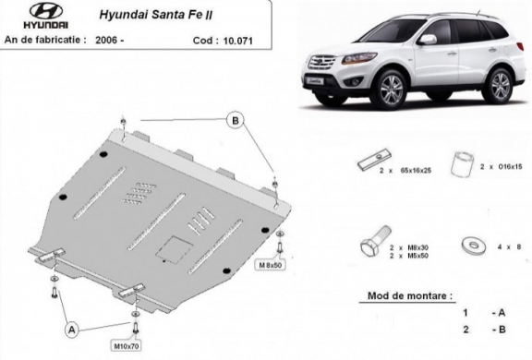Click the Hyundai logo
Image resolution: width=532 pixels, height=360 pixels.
(x=30, y=19)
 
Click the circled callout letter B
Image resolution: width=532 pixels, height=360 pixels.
(x=235, y=121)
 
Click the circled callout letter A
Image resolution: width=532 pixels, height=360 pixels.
(x=70, y=327)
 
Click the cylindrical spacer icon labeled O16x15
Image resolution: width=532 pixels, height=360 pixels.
(x=464, y=164)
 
